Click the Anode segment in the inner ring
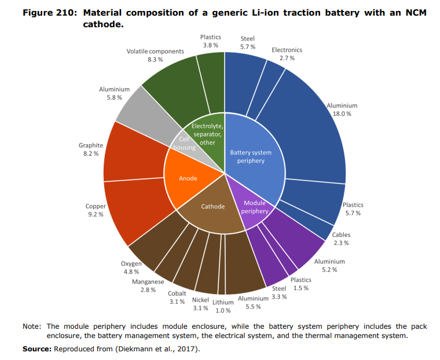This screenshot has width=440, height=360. tap(188, 178)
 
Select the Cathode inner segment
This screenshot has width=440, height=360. tap(212, 207)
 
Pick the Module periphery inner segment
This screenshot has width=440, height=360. tap(255, 207)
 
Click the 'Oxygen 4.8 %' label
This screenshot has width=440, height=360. tap(131, 267)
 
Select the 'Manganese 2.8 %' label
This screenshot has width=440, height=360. tap(144, 285)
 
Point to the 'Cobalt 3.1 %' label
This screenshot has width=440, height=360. tap(177, 297)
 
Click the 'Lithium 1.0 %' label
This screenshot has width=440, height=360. tap(223, 306)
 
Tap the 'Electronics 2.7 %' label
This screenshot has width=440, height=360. tap(287, 54)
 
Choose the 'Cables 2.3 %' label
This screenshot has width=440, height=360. tap(341, 239)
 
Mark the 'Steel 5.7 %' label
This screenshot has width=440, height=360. tap(247, 42)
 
